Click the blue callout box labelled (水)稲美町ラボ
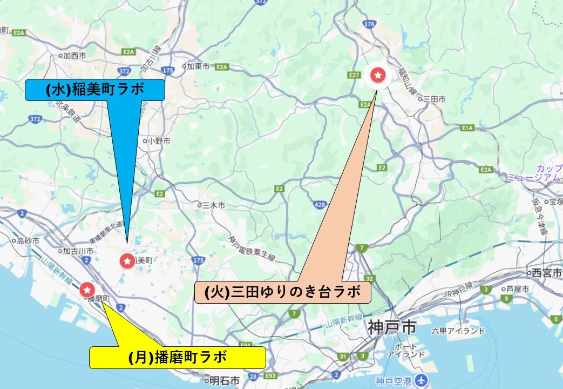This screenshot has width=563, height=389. click(95, 90)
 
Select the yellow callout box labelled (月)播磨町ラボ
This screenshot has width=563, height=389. click(178, 357)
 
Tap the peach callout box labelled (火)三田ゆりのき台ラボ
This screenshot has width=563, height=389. click(283, 292)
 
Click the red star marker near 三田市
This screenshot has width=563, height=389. click(379, 75)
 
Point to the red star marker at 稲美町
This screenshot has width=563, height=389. click(127, 261)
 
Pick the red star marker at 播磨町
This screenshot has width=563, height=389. click(87, 290)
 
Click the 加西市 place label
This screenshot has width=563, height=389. click(74, 55)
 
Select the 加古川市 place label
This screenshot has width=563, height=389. click(78, 251)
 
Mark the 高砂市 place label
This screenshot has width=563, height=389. click(28, 241)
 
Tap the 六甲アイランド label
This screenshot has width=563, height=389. click(459, 331)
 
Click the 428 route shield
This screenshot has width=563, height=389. click(319, 204)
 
